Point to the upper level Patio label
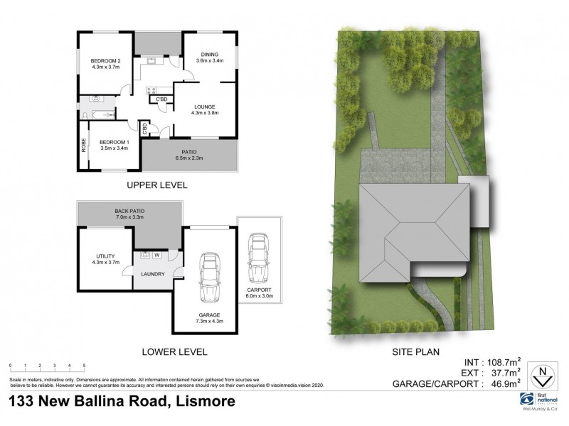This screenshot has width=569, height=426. (188, 153)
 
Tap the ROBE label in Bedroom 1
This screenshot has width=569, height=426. (84, 146)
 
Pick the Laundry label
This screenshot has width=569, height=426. (153, 274)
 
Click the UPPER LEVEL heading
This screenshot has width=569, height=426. (156, 185)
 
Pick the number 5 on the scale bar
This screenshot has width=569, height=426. (85, 365)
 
